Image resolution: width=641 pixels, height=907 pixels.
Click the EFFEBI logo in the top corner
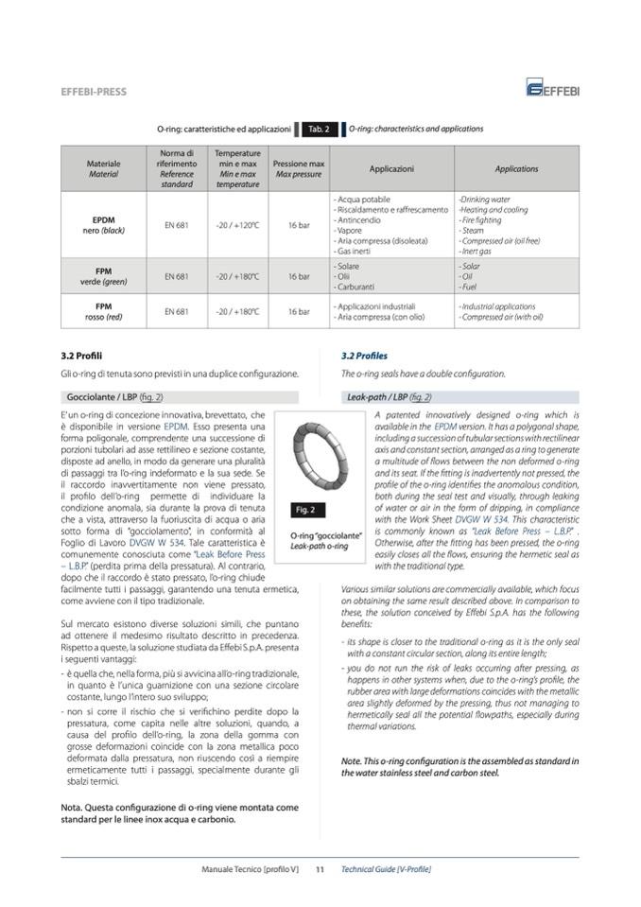(x=553, y=90)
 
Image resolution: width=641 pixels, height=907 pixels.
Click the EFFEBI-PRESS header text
(x=94, y=92)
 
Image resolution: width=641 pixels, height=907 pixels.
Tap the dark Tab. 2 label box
(x=319, y=129)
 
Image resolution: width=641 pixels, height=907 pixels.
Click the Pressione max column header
(x=299, y=168)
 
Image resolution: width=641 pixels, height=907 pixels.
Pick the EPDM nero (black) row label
(x=105, y=224)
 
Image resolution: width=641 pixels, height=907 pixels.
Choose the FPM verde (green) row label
(x=105, y=276)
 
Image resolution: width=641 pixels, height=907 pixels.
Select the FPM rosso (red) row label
(x=105, y=311)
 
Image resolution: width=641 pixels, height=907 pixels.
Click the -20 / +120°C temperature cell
(x=237, y=225)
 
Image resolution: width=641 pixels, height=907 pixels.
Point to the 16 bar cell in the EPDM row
(x=299, y=225)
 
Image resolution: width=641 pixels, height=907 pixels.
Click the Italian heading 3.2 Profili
(x=80, y=355)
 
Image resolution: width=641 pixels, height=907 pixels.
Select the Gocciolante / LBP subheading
(x=113, y=396)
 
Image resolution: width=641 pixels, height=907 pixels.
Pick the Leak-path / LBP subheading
(x=390, y=396)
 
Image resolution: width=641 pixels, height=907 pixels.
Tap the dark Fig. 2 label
(x=306, y=510)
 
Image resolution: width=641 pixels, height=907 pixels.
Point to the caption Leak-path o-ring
(x=320, y=547)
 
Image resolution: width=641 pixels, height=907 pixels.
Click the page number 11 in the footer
(x=320, y=868)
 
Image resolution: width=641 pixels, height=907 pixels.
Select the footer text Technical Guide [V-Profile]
(x=386, y=868)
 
